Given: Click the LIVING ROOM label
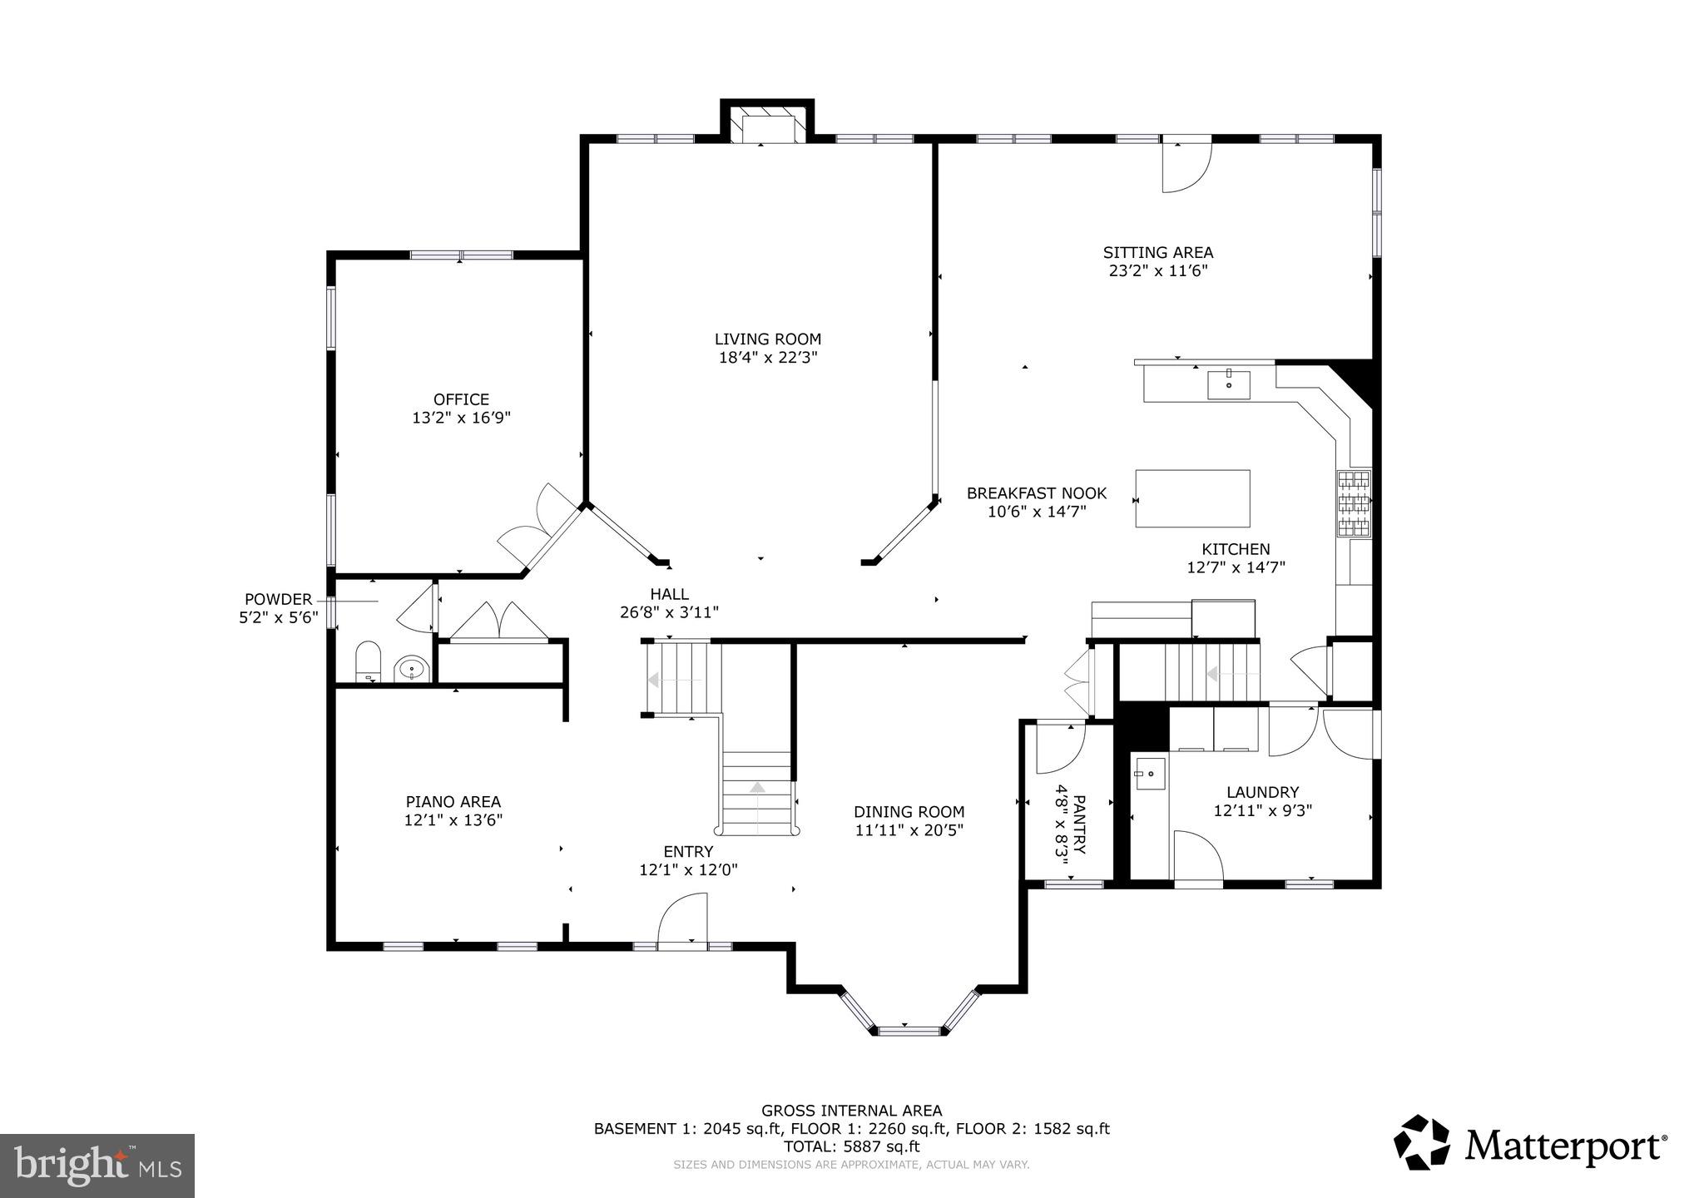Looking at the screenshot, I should point(767,339).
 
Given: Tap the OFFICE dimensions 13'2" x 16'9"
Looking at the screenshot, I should point(461,418).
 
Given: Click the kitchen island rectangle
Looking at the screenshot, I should point(1192,498).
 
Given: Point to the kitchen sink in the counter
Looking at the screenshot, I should point(1229,385).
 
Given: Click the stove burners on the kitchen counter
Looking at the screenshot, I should point(1354,502).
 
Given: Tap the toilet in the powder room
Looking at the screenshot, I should point(367,661).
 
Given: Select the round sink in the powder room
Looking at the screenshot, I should point(411,668).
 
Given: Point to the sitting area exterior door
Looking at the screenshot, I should point(1186,167).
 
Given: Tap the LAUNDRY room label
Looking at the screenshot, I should point(1262,793).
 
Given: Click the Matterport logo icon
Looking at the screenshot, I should point(1422,1142).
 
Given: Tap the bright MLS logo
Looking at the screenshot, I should point(97,1165).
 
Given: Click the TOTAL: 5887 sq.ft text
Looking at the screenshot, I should point(851,1146).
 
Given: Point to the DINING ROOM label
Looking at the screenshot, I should point(909,812).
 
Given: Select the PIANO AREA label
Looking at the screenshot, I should point(453,802).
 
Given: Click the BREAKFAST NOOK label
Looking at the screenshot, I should point(1036,493).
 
